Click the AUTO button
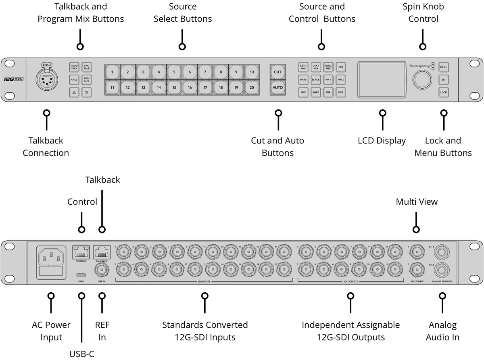coord(277,87)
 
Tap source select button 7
coord(205,72)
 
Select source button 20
coord(251,87)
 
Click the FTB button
coord(341,67)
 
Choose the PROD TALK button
coord(74,67)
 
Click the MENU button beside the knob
coord(444,67)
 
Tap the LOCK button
coord(444,92)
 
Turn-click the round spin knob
coord(421,79)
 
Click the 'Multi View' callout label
coord(416,202)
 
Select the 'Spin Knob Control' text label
coord(423,12)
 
